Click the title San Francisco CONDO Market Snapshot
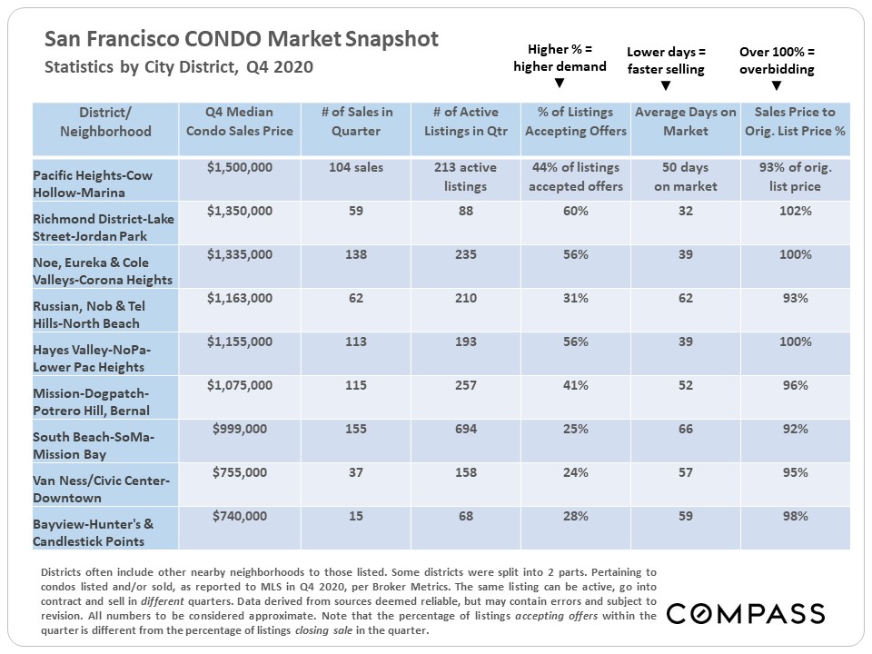point(242,39)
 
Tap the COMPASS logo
point(746,614)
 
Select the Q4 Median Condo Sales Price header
point(240,122)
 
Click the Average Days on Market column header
point(685,122)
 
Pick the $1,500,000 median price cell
point(240,168)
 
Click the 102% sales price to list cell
point(795,212)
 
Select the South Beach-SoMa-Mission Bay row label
point(94,445)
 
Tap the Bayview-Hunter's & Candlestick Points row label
point(94,532)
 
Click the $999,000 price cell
point(240,430)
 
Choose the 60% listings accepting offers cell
point(575,212)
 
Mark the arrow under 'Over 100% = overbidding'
point(776,86)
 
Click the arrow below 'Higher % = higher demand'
point(560,84)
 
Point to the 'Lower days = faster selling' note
point(666,59)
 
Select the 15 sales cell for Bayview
point(356,517)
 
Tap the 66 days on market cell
point(685,430)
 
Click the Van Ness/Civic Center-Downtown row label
point(94,489)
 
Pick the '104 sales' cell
point(356,168)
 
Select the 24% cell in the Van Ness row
point(575,473)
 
